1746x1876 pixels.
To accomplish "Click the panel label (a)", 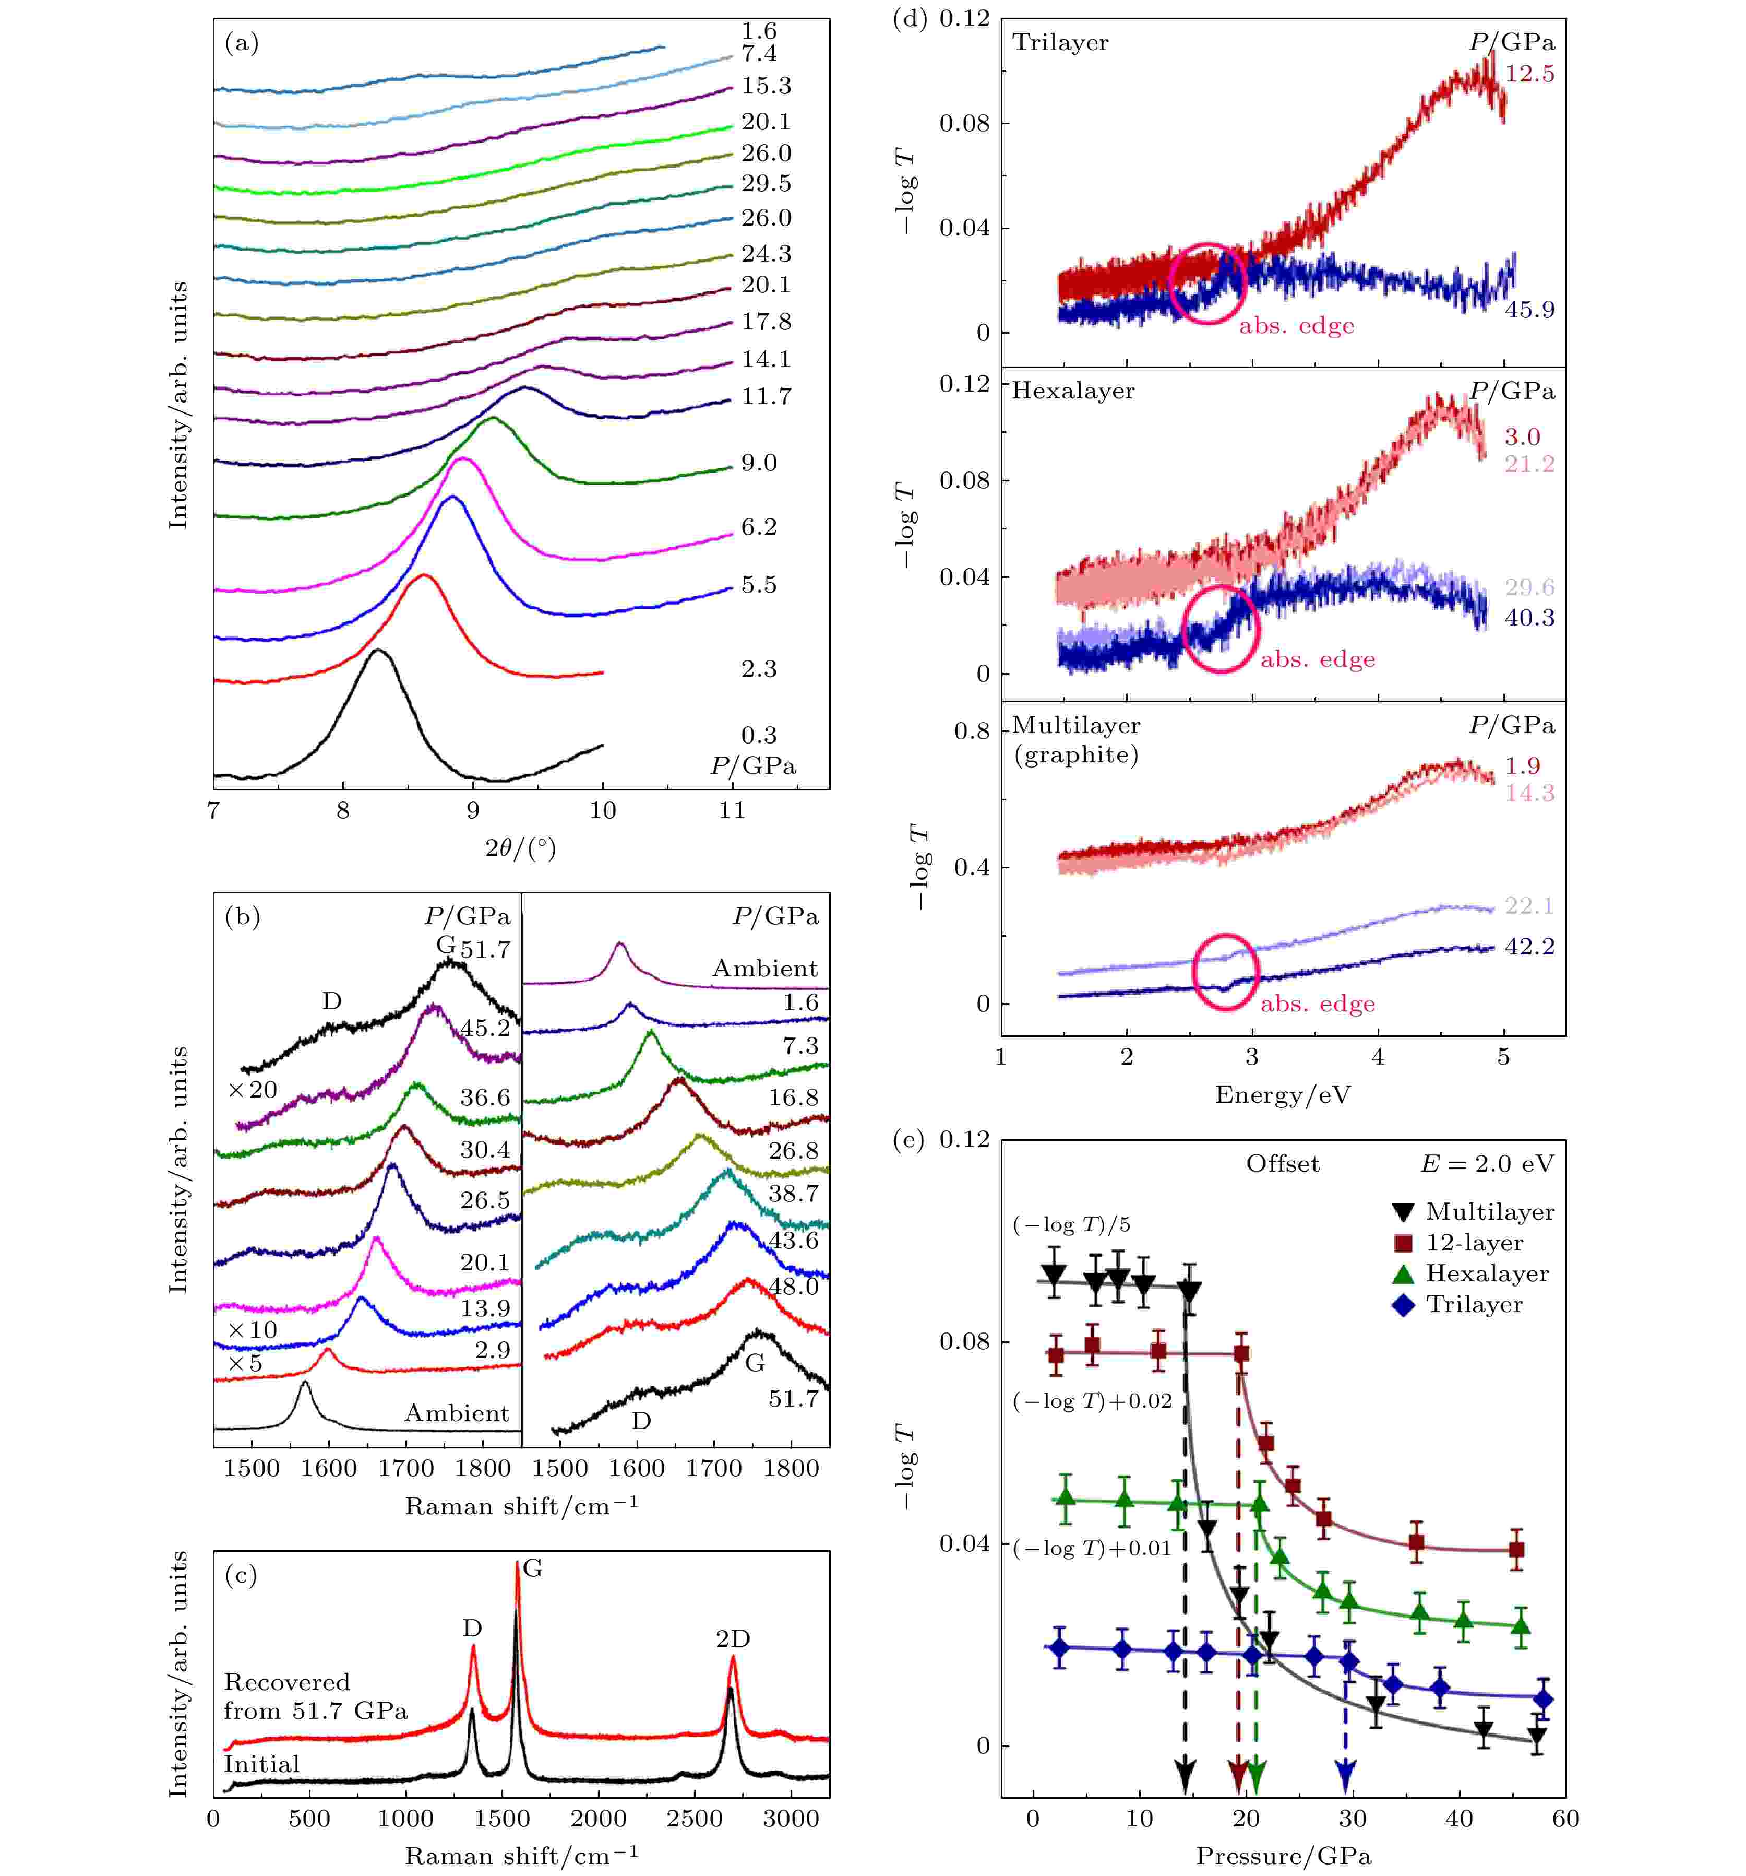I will tap(242, 43).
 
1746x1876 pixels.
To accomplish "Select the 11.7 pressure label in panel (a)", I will tap(765, 396).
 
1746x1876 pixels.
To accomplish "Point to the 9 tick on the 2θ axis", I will tap(473, 810).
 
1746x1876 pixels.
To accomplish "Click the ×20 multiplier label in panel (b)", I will tap(252, 1090).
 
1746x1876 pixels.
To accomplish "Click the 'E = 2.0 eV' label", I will tap(1486, 1163).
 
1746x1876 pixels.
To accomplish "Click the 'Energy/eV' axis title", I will tap(1282, 1095).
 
